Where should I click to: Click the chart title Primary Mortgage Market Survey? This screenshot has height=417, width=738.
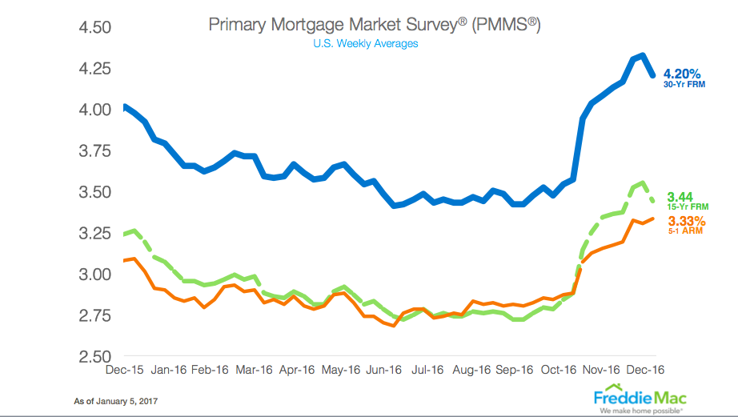[375, 24]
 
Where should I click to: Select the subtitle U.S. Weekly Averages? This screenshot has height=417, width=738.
[366, 43]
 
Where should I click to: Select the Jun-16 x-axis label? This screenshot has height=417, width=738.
[383, 370]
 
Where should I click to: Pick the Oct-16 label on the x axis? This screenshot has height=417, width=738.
[558, 370]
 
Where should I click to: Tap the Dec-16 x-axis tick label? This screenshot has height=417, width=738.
[645, 370]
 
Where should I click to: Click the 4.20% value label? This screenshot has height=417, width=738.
[686, 78]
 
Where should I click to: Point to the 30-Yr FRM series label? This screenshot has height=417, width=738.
[686, 90]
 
